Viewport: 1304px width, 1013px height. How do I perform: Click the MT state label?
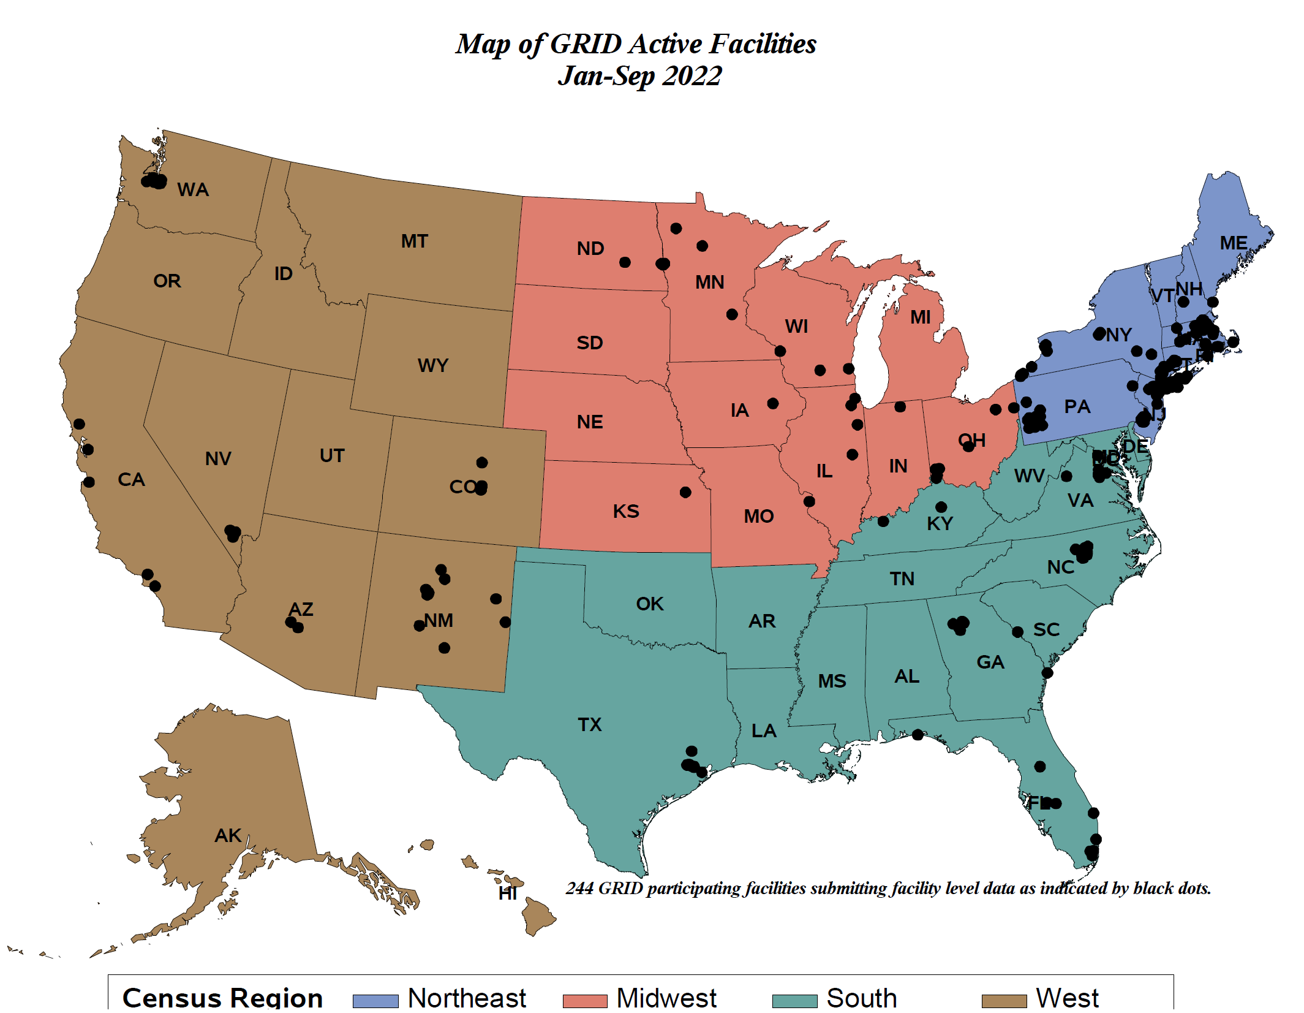click(x=414, y=241)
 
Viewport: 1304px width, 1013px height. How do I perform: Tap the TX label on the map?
click(x=589, y=724)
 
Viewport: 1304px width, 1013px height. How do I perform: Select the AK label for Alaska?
click(x=227, y=835)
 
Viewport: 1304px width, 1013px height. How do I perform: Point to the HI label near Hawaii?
click(x=507, y=893)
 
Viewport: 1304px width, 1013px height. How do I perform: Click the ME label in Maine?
click(x=1233, y=243)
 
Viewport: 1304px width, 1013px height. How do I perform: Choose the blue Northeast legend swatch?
click(x=375, y=1000)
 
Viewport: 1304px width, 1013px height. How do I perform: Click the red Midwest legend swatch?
click(x=584, y=1000)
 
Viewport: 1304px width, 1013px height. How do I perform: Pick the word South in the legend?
click(x=861, y=998)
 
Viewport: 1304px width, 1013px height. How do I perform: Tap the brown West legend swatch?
click(x=1003, y=1000)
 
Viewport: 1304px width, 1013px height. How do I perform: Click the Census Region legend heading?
click(x=222, y=998)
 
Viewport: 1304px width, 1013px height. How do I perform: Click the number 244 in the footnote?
click(x=579, y=888)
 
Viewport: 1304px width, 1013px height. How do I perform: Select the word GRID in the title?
click(x=586, y=44)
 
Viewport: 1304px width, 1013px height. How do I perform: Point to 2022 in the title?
click(x=692, y=76)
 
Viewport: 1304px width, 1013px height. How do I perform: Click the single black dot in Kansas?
click(x=685, y=492)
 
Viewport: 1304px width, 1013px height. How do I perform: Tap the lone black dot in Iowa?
click(x=772, y=403)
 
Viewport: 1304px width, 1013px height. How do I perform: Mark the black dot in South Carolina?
click(x=1017, y=632)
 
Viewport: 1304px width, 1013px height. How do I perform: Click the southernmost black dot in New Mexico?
click(x=444, y=648)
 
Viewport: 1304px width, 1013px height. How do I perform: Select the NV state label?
click(x=218, y=458)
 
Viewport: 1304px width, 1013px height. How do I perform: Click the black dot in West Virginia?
click(x=1066, y=476)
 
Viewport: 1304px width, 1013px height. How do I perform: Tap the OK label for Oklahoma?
click(x=649, y=604)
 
